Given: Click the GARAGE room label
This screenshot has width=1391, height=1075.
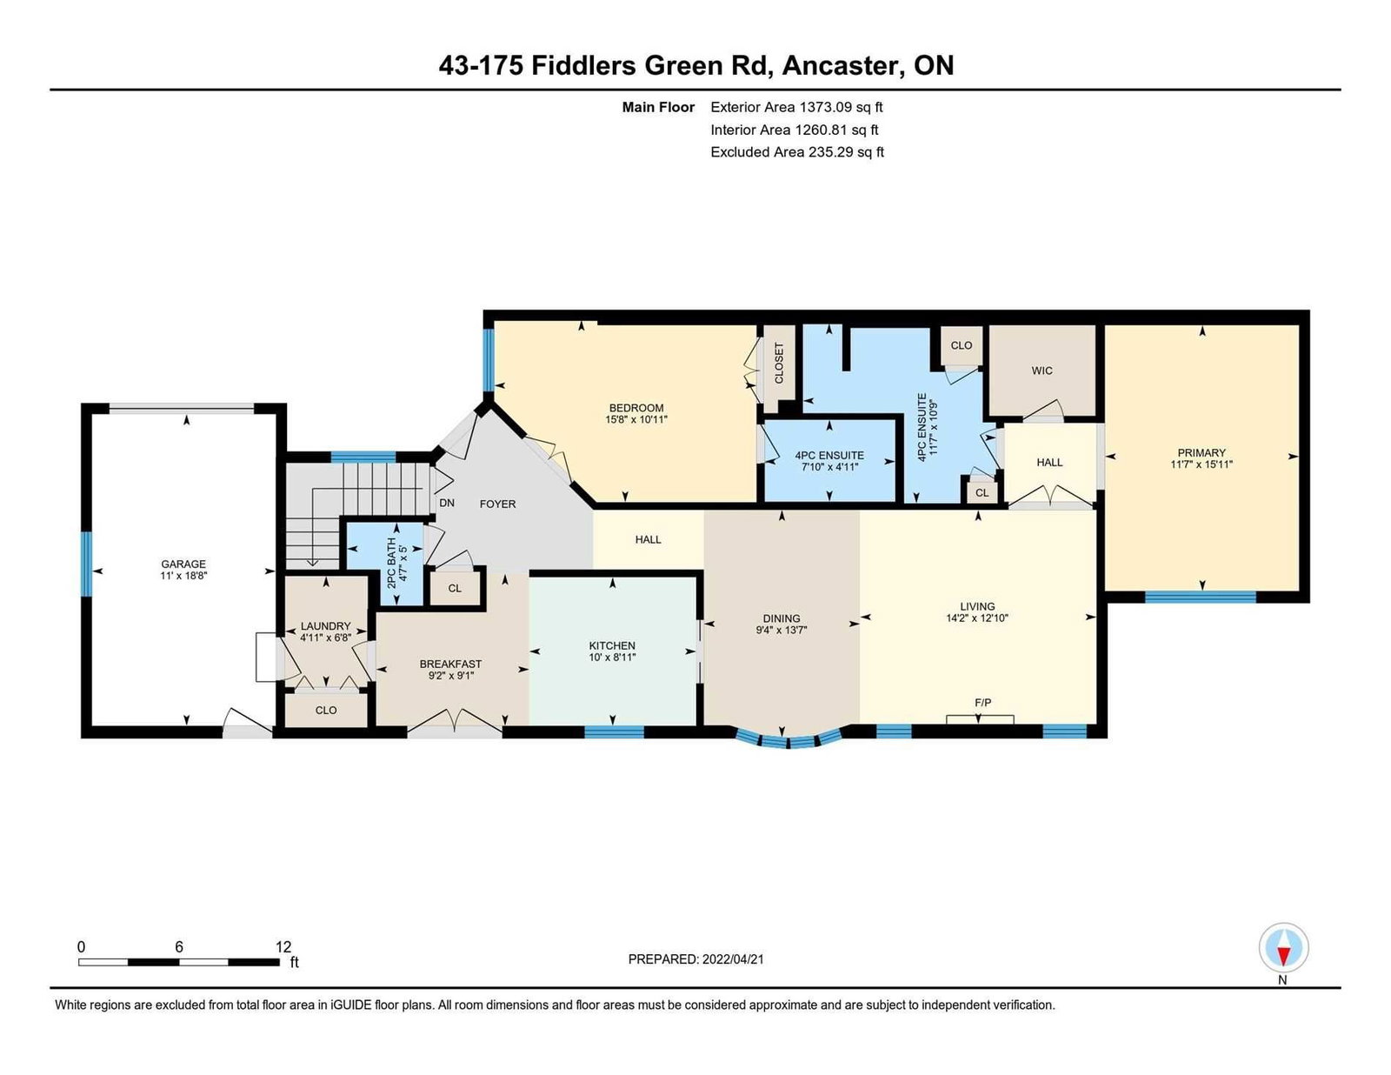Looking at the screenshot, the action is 183,564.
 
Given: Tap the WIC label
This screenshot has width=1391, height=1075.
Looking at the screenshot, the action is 1042,371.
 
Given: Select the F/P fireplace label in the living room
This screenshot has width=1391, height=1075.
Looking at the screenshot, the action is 982,703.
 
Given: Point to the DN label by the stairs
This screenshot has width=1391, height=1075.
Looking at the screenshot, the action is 447,504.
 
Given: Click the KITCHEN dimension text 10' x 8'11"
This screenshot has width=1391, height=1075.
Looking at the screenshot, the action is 612,658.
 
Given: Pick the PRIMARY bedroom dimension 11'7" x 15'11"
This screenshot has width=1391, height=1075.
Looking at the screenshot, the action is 1201,464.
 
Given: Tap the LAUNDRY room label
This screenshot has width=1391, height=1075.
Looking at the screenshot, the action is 326,626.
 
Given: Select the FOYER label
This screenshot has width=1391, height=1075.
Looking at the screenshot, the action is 497,504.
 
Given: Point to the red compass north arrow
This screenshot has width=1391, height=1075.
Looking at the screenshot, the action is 1283,956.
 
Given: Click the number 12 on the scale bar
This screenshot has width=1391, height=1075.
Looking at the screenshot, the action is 283,947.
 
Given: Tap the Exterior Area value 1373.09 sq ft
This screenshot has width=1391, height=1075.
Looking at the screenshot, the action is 841,108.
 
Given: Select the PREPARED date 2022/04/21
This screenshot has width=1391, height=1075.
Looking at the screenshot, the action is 733,959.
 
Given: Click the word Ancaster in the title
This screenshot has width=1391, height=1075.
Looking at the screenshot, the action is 843,65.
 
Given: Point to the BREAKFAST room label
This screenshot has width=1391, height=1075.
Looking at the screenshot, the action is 450,664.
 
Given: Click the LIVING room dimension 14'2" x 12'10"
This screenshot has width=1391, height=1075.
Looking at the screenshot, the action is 977,618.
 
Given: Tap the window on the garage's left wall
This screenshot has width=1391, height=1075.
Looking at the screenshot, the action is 86,564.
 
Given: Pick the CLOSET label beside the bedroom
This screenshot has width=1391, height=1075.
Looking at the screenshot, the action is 778,363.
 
